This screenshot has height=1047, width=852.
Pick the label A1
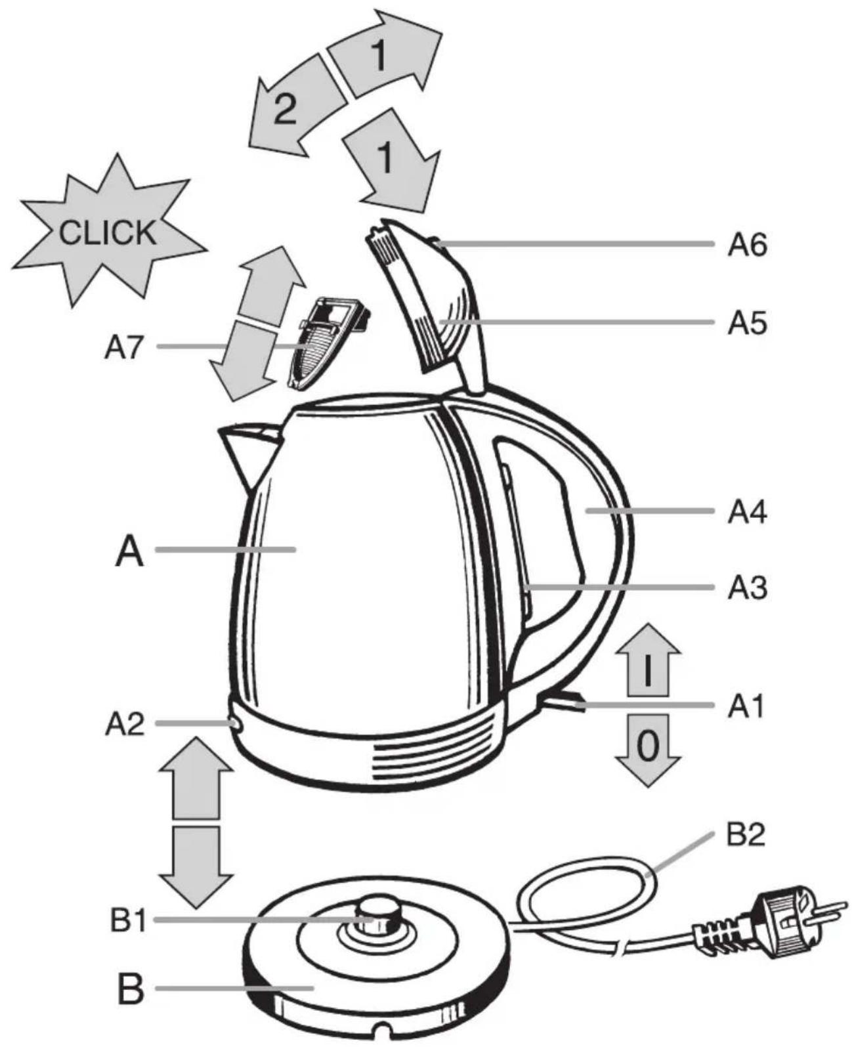point(746,706)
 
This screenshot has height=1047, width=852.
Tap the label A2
point(125,723)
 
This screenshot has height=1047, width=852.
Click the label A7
point(125,347)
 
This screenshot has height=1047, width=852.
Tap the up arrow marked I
point(648,660)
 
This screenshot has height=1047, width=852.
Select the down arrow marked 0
point(648,750)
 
